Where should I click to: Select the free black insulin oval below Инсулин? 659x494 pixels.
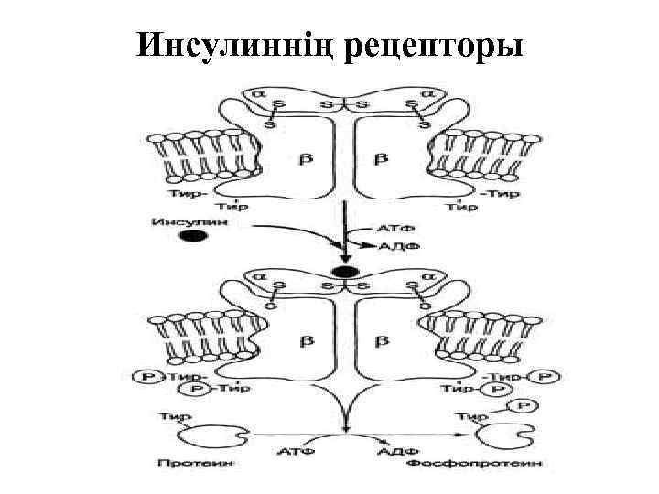191,236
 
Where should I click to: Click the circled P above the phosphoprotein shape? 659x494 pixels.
523,404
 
